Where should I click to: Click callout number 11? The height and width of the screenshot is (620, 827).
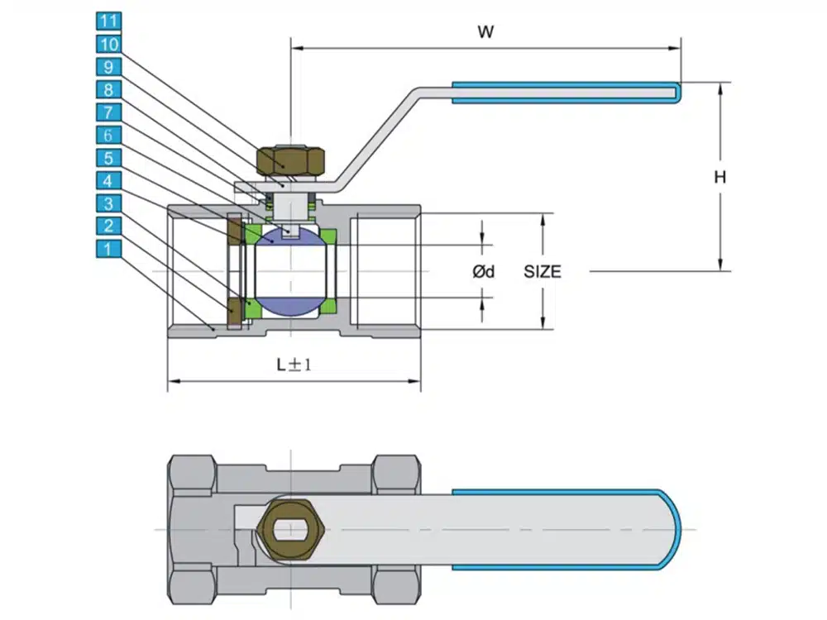pyautogui.click(x=108, y=21)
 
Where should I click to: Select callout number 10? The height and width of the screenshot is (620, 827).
pyautogui.click(x=108, y=44)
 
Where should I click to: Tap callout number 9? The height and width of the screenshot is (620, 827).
pyautogui.click(x=108, y=67)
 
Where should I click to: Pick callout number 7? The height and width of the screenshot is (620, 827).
pyautogui.click(x=108, y=112)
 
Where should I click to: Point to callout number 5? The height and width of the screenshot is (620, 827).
pyautogui.click(x=108, y=158)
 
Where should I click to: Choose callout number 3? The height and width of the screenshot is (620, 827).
pyautogui.click(x=108, y=203)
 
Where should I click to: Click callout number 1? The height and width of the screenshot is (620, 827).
pyautogui.click(x=108, y=249)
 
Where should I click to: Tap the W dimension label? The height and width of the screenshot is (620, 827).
pyautogui.click(x=486, y=32)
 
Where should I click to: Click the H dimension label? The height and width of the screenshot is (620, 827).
pyautogui.click(x=721, y=176)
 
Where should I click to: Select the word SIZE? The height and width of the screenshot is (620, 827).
pyautogui.click(x=543, y=271)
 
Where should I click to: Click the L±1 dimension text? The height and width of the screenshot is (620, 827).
pyautogui.click(x=294, y=365)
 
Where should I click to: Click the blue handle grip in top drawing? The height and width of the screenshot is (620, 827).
pyautogui.click(x=566, y=93)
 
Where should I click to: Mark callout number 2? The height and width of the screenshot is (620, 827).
pyautogui.click(x=108, y=226)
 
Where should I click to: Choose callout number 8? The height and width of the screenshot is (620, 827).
pyautogui.click(x=108, y=89)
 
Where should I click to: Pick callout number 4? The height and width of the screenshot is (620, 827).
pyautogui.click(x=108, y=180)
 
